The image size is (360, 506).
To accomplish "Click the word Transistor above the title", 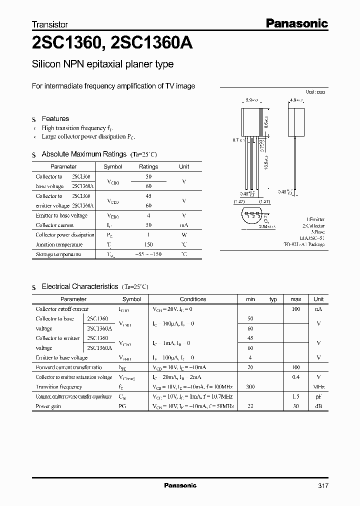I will click(x=50, y=24).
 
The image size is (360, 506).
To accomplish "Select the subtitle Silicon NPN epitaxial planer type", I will click(x=102, y=64).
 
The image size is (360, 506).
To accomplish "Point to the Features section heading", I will click(x=55, y=118).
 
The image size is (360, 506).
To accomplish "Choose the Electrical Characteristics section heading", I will click(x=79, y=286).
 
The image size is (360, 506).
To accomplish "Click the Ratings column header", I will click(x=148, y=166).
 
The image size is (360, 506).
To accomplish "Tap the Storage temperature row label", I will click(x=58, y=254).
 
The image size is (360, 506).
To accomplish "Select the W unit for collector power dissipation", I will click(x=184, y=235).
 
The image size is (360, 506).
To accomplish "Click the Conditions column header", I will click(x=192, y=299).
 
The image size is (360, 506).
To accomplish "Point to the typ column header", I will click(x=273, y=299).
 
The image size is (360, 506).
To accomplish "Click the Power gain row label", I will click(x=48, y=406).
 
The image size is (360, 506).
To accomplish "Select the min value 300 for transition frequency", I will click(x=250, y=386).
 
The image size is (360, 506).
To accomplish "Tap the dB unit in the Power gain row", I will click(x=318, y=406).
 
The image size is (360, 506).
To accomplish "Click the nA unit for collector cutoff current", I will click(x=318, y=309).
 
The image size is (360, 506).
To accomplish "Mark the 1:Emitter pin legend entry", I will click(x=314, y=219).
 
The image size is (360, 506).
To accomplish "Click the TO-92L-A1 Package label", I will click(x=303, y=245).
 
